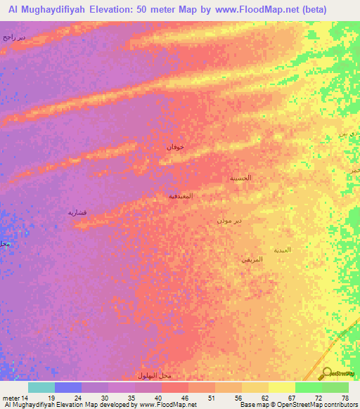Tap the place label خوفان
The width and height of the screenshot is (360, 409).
(x=175, y=147)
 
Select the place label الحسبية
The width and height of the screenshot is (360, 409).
(x=240, y=178)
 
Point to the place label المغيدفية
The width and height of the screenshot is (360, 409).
(x=181, y=196)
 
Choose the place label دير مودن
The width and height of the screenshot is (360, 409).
(x=230, y=221)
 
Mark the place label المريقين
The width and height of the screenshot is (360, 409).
(x=252, y=260)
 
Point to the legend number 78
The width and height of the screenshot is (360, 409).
(x=345, y=398)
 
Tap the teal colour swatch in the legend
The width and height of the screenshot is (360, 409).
(x=41, y=387)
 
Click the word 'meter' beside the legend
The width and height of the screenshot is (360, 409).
(x=10, y=398)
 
